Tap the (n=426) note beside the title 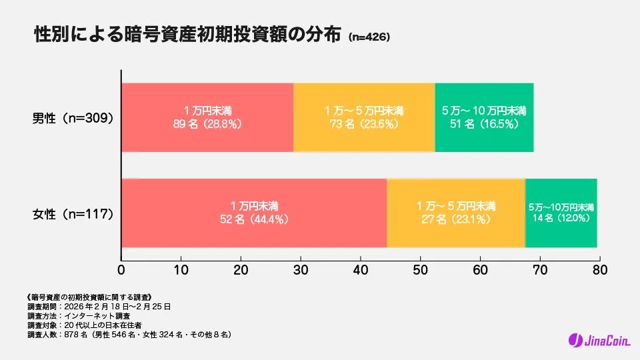click(x=369, y=38)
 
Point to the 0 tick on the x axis click(x=121, y=271)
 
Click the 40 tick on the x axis click(x=361, y=271)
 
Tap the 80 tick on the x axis click(x=600, y=271)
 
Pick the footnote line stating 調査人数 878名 click(x=129, y=335)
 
